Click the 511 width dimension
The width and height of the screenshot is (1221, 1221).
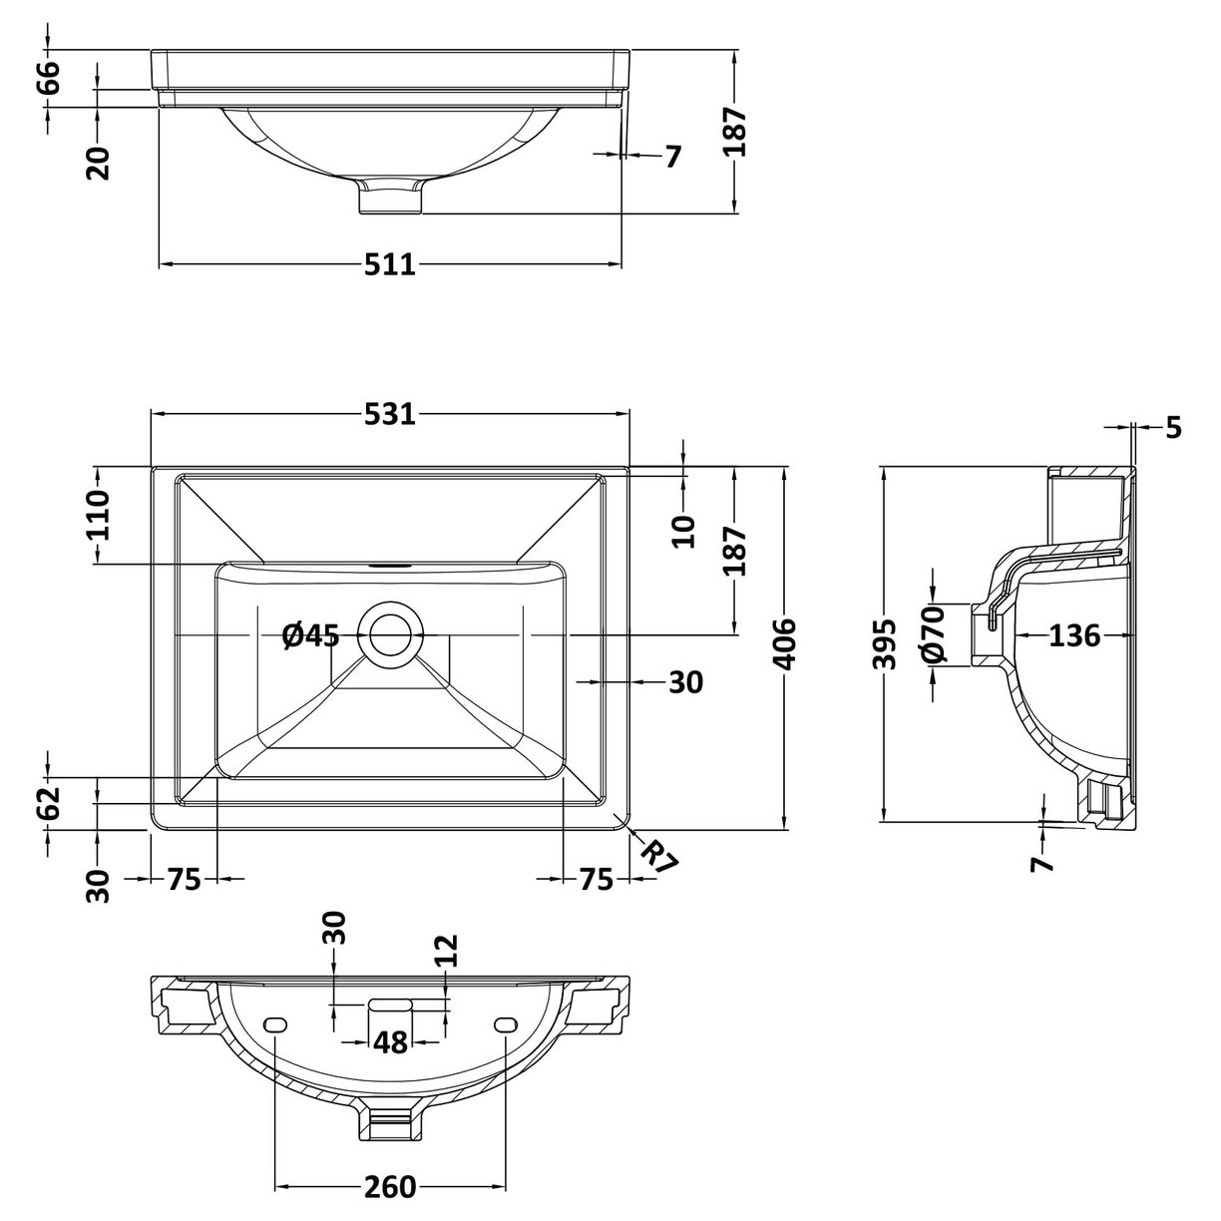click(x=389, y=265)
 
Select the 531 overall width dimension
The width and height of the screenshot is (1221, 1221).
click(x=389, y=414)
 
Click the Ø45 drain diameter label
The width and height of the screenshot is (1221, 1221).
click(x=310, y=634)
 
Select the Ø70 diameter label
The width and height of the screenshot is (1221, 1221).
click(x=932, y=635)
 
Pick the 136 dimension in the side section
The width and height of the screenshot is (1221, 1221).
click(x=1074, y=634)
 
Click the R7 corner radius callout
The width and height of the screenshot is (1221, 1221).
click(x=658, y=857)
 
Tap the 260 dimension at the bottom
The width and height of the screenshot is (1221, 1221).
click(x=389, y=1187)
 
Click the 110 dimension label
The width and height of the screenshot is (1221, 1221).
click(x=98, y=515)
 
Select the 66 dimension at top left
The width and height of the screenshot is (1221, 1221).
click(x=48, y=77)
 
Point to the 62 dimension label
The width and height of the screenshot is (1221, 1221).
click(x=48, y=803)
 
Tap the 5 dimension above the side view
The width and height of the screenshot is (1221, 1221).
click(x=1173, y=428)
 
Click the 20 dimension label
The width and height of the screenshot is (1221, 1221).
click(x=98, y=161)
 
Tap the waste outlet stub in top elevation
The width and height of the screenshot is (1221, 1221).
click(x=391, y=198)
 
